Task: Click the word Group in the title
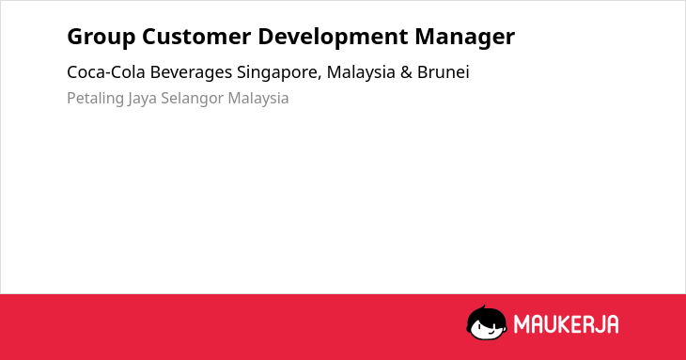pos(101,37)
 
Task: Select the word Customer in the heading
pos(196,36)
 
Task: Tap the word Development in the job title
pos(333,37)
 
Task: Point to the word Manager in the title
pos(464,37)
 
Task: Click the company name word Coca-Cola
pos(106,72)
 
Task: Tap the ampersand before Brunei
pos(406,72)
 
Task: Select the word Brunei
pos(444,72)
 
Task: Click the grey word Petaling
pos(95,99)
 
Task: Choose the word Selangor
pos(192,99)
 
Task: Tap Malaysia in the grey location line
pos(258,99)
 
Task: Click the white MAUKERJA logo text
pos(566,324)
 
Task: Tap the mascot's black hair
pos(486,314)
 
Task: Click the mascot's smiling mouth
pos(491,331)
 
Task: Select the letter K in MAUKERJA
pos(562,324)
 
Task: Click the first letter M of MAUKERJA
pos(522,324)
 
